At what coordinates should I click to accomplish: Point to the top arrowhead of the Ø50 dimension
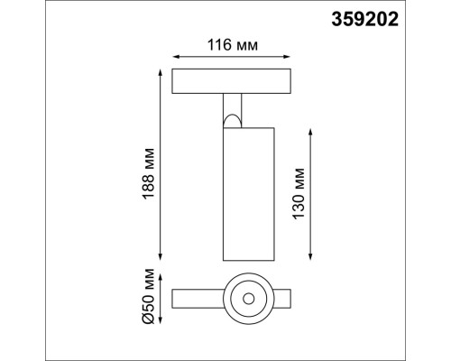click(161, 273)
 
